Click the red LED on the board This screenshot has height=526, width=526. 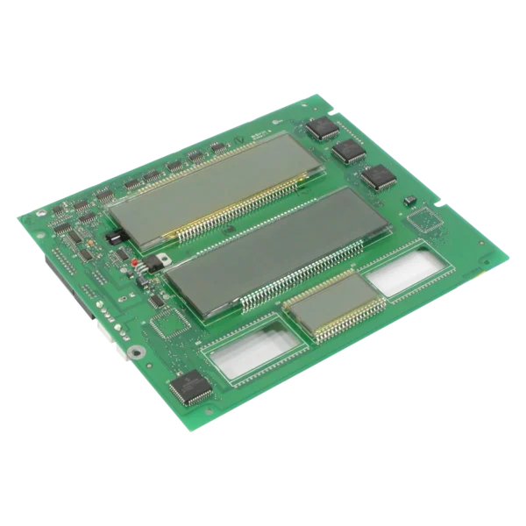tap(134, 262)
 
